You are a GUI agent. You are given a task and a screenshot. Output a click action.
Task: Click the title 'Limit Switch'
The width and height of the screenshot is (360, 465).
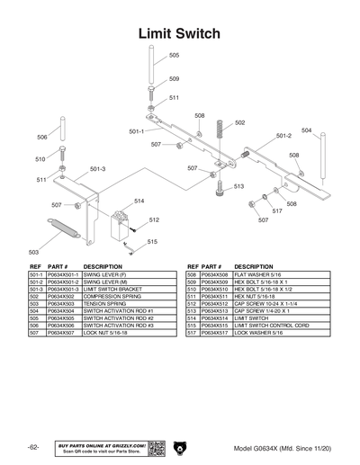click(179, 33)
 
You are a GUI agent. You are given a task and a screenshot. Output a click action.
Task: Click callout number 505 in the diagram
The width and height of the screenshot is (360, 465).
click(174, 55)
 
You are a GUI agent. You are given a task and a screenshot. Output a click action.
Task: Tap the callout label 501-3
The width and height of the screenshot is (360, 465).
click(97, 169)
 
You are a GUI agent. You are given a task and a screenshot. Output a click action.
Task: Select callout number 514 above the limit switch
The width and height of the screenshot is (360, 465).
click(139, 201)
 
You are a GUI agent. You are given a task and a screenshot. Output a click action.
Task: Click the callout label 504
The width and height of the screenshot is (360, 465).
click(306, 130)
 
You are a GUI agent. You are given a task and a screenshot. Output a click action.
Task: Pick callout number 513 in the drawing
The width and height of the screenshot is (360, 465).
click(238, 186)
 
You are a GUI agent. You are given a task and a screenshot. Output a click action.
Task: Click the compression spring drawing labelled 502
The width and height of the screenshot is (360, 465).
click(218, 132)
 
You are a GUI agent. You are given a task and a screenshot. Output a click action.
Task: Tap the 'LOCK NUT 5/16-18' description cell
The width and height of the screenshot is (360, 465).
click(108, 332)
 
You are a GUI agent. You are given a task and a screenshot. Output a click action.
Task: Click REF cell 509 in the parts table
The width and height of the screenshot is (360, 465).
click(191, 282)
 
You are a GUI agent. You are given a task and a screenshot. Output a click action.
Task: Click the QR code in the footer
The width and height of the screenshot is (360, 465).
click(156, 448)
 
